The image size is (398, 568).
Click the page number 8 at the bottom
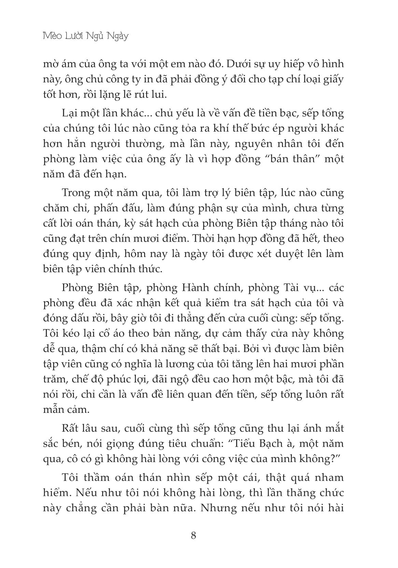point(194,535)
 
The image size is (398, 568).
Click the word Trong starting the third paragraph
point(77,193)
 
